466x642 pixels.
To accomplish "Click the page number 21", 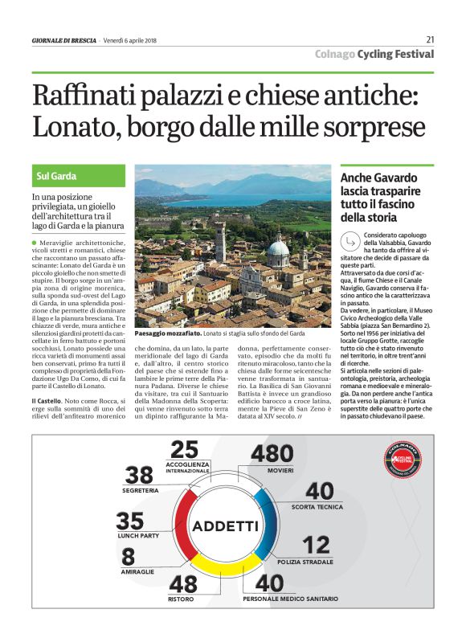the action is pyautogui.click(x=430, y=39).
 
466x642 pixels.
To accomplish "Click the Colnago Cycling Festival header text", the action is pyautogui.click(x=374, y=54).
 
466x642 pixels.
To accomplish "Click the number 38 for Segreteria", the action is pyautogui.click(x=138, y=475).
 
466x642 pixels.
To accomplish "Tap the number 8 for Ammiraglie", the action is pyautogui.click(x=128, y=556).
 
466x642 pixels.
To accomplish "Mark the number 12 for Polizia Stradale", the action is pyautogui.click(x=317, y=546).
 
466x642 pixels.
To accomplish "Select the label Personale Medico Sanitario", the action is pyautogui.click(x=290, y=599).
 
